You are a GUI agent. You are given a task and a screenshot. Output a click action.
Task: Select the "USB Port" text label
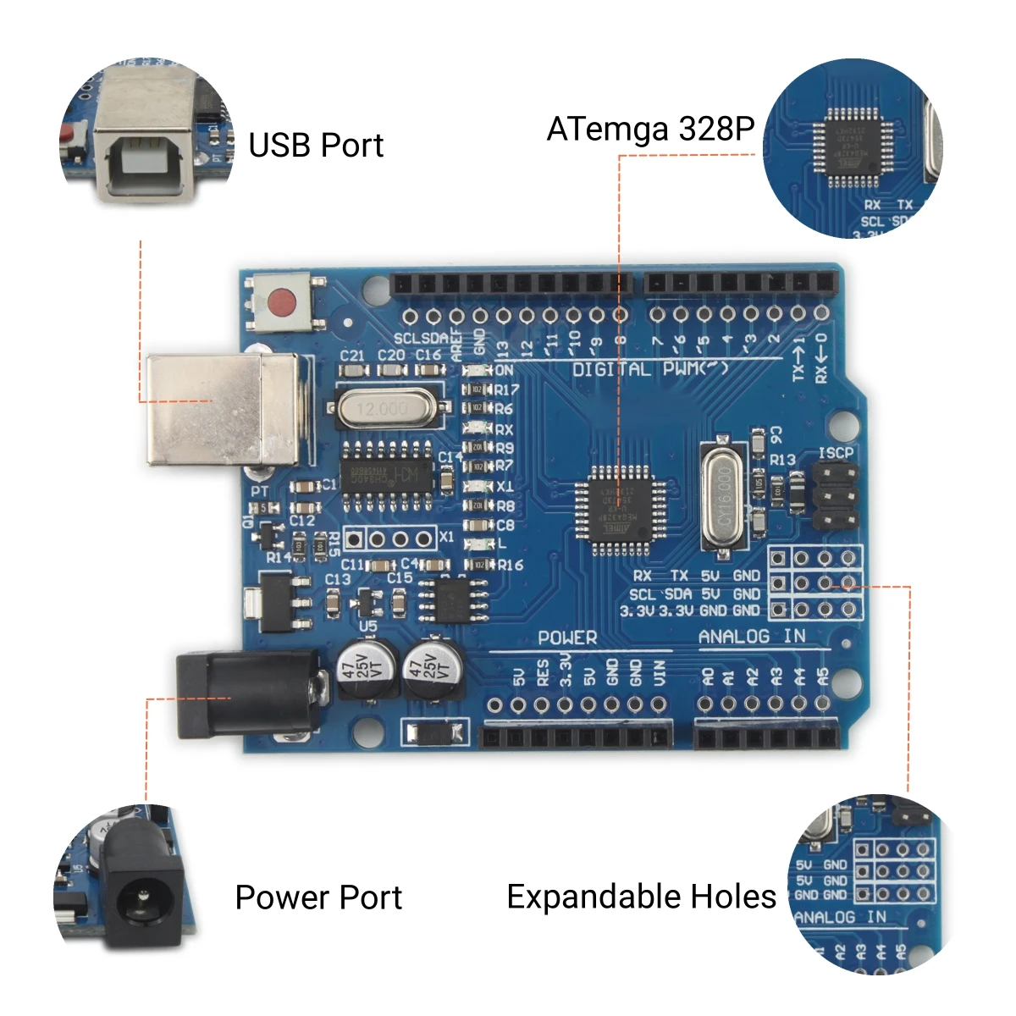[316, 146]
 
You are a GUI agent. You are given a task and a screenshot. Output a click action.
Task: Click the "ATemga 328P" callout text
[650, 130]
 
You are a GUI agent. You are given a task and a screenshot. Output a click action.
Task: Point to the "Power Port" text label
[318, 897]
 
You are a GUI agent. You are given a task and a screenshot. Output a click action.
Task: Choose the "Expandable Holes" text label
[641, 897]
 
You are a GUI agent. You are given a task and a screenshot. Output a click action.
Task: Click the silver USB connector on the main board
[222, 410]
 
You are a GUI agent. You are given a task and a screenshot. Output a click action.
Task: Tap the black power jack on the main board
[247, 694]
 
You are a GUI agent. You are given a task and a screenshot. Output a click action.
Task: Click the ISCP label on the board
[836, 454]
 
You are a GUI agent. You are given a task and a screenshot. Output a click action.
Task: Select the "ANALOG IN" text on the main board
[752, 637]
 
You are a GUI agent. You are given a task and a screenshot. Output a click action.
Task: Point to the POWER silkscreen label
[567, 638]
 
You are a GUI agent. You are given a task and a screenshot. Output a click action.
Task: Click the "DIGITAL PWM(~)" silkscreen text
[649, 369]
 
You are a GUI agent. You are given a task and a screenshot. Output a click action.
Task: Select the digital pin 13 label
[503, 348]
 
